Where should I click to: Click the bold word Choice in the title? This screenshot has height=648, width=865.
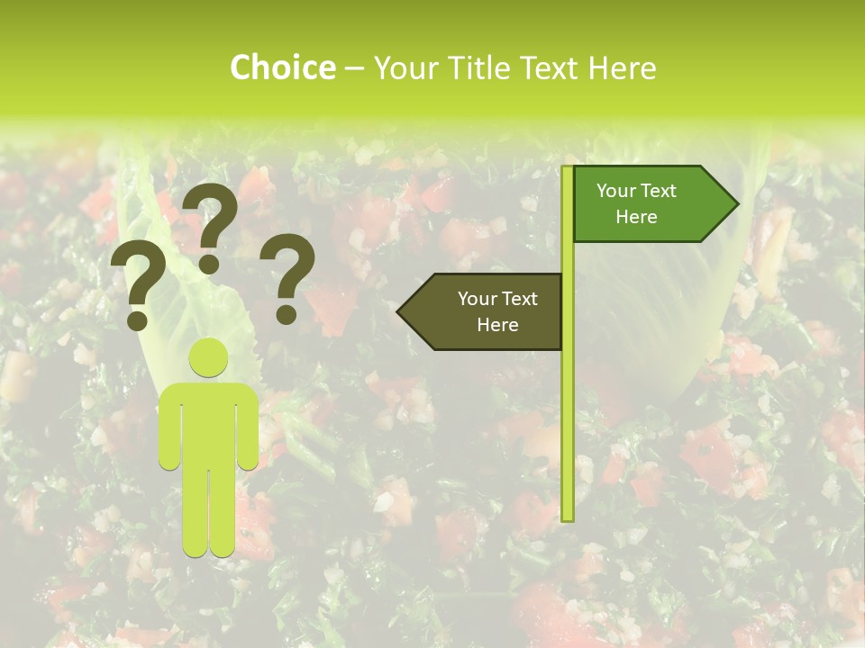282,67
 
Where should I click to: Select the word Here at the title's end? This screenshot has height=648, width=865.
622,67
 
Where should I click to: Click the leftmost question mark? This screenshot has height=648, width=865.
138,286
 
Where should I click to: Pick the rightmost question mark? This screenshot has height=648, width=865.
287,277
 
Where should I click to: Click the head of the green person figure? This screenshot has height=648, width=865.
208,357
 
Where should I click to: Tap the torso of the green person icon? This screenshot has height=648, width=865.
208,423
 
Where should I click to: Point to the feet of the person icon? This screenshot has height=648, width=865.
209,546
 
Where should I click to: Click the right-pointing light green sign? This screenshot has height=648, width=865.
649,203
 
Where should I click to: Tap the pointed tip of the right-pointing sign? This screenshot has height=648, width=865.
734,203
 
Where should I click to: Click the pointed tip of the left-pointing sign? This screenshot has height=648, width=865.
401,311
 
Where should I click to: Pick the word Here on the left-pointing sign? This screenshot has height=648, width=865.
497,325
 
